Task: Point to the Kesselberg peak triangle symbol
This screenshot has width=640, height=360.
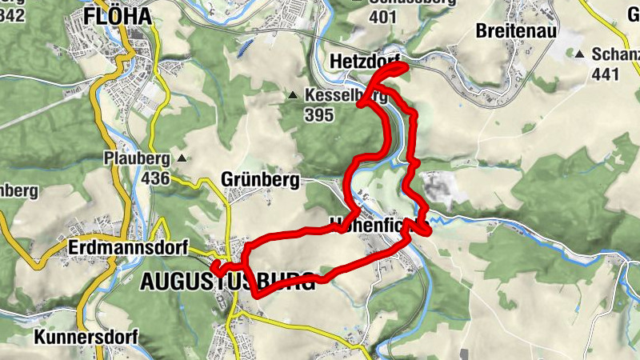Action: pos(294,97)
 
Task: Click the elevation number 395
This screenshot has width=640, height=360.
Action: pos(318,114)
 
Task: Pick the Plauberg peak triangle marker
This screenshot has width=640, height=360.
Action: pos(182,158)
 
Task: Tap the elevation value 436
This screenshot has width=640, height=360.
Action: pos(155,178)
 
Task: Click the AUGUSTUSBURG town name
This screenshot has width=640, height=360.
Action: pos(228,281)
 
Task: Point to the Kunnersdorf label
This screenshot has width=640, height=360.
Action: pos(86,338)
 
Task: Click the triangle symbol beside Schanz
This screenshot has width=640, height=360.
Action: pos(579,54)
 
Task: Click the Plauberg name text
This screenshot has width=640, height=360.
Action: pos(138,158)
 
